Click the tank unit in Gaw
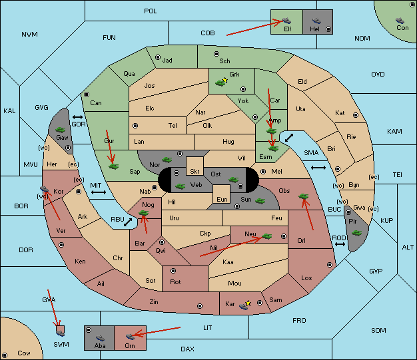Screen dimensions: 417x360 click(61, 130)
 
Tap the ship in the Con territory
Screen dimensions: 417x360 click(400, 21)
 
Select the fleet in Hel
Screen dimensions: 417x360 click(316, 21)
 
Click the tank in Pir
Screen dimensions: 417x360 click(356, 233)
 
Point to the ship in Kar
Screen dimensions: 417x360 click(244, 306)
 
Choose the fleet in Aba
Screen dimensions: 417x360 click(100, 338)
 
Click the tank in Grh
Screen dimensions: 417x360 click(220, 83)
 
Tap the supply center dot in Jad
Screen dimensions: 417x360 click(158, 57)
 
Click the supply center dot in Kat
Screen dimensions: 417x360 click(356, 115)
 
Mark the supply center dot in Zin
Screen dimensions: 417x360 click(200, 306)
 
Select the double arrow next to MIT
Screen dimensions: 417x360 click(99, 192)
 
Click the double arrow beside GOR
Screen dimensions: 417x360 click(77, 117)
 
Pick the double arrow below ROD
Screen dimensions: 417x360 click(340, 244)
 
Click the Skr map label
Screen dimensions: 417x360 click(195, 172)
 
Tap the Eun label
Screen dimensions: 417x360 click(222, 199)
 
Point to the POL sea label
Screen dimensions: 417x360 click(151, 11)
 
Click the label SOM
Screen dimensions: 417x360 click(378, 331)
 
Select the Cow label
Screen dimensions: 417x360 click(24, 353)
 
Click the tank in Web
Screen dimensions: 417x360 click(181, 186)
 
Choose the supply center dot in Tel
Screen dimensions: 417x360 click(135, 125)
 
